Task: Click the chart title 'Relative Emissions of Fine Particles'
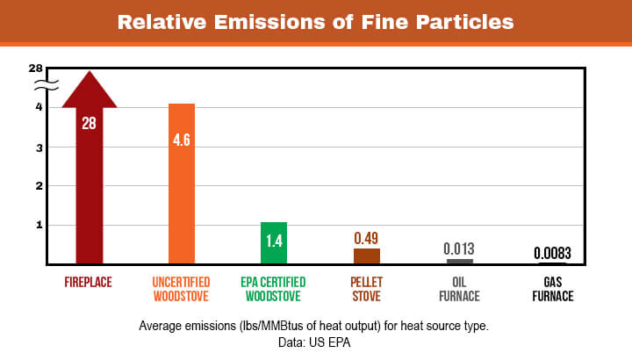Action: tap(315, 21)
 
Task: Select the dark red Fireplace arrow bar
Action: tap(90, 193)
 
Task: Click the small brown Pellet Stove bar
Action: tap(367, 256)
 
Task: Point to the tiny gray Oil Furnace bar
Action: tap(459, 261)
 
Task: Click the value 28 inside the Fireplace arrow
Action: tap(90, 123)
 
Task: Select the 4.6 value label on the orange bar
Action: tap(182, 140)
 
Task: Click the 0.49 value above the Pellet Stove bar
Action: tap(367, 238)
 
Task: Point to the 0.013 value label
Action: tap(460, 248)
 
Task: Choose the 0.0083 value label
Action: tap(552, 254)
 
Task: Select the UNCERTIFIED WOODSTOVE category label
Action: tap(182, 289)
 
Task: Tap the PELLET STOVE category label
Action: tap(367, 289)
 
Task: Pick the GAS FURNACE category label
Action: tap(552, 289)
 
